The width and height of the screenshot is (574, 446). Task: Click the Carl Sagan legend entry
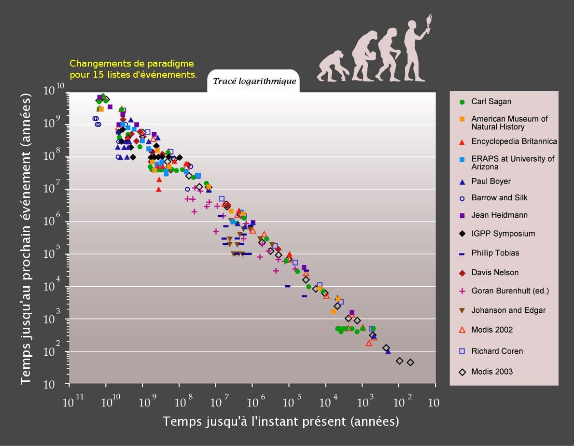click(491, 102)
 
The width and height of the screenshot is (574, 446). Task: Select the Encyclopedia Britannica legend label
click(514, 141)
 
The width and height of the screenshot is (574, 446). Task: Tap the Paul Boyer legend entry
click(490, 181)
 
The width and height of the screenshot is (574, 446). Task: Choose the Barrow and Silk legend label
click(499, 198)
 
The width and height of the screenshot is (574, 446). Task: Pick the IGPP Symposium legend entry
click(503, 234)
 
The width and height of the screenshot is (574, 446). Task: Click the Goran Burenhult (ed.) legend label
click(510, 291)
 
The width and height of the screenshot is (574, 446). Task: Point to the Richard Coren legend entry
click(497, 351)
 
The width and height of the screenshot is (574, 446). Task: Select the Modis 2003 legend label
click(491, 372)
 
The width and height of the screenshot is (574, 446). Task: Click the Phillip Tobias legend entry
click(495, 253)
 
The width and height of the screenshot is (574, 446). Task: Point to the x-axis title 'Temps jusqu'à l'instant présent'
click(280, 421)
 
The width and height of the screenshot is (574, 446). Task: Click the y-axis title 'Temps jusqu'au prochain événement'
click(27, 239)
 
